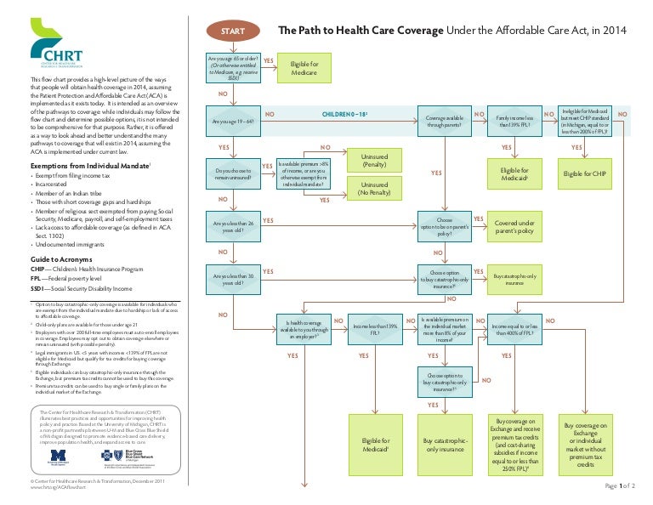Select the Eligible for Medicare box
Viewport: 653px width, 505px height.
[x=304, y=69]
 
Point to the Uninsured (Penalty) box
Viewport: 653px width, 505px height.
[x=374, y=162]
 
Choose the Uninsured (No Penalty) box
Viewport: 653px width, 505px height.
[x=374, y=189]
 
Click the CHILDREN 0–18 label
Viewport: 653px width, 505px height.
[x=345, y=112]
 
